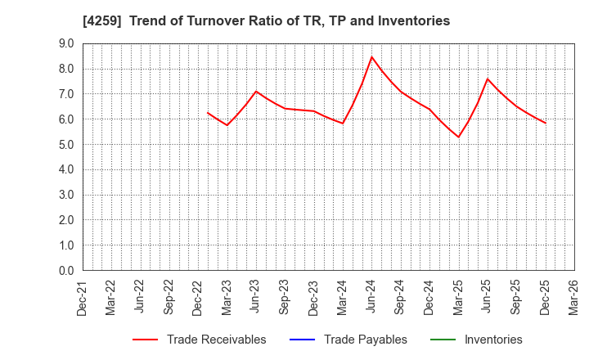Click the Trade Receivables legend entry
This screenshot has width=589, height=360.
(216, 340)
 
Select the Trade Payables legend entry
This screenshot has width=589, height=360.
(366, 340)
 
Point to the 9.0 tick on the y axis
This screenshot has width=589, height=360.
(66, 43)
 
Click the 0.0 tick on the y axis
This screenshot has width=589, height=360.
(66, 271)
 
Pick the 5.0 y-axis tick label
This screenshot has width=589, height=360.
(66, 145)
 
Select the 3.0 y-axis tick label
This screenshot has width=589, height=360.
(66, 195)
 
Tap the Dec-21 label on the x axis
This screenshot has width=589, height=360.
(83, 297)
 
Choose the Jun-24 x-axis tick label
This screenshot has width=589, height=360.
(372, 297)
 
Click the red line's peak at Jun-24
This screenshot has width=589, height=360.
(371, 56)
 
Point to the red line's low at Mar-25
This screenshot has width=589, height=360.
(459, 137)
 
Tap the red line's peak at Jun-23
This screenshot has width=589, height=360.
(256, 91)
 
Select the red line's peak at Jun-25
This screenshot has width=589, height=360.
(488, 79)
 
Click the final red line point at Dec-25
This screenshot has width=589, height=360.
(546, 123)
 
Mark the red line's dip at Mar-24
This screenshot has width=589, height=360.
(343, 124)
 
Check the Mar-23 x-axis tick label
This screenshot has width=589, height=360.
(227, 297)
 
